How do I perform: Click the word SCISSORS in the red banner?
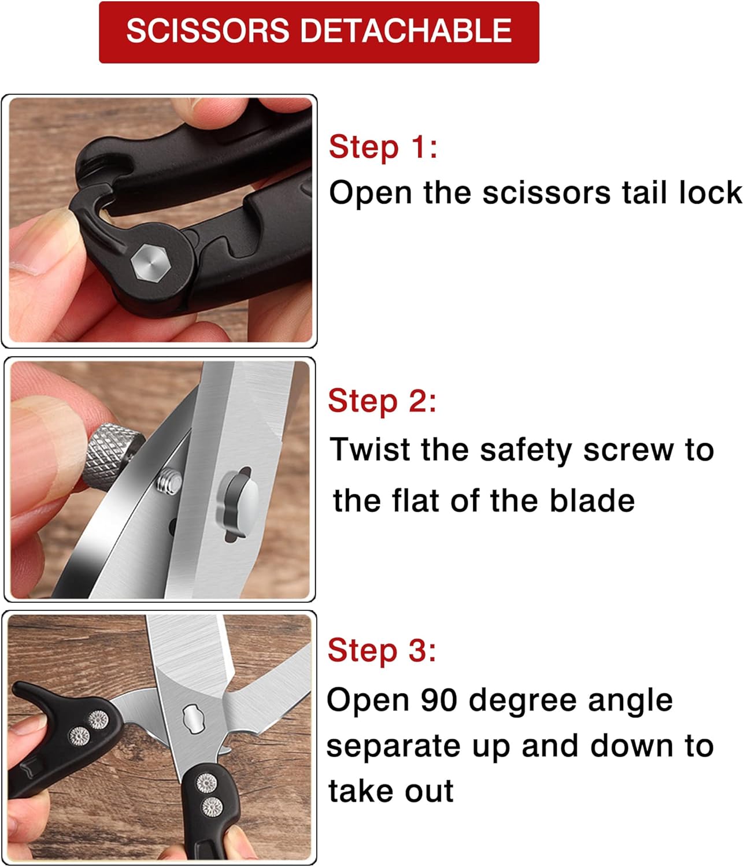point(208,31)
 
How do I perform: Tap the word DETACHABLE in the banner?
point(406,31)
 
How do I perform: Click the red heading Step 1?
point(383,147)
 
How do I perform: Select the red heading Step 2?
point(382,401)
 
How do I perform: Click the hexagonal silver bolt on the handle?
point(150,263)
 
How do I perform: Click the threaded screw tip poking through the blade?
point(169,481)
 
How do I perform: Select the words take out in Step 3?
point(391,791)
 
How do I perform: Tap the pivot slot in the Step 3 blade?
point(194,719)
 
